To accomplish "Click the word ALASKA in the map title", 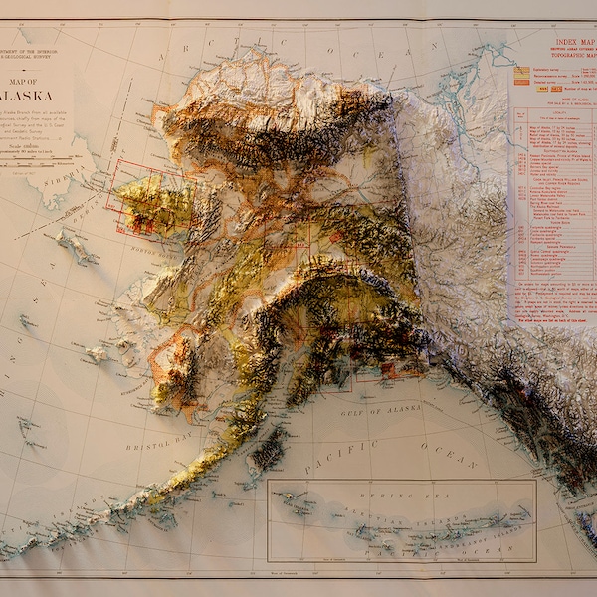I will pyautogui.click(x=28, y=96).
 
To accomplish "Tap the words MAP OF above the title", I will pyautogui.click(x=30, y=81).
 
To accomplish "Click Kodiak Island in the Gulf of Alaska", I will pyautogui.click(x=267, y=451).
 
